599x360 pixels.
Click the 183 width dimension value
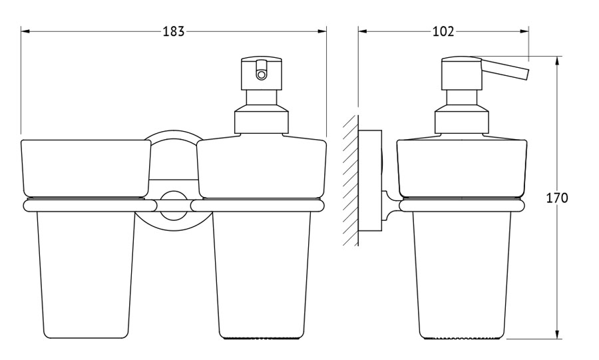click(174, 31)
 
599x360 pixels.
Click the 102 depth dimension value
click(443, 31)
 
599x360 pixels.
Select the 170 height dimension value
click(556, 198)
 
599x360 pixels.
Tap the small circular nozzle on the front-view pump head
click(262, 75)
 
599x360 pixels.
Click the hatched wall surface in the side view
click(350, 180)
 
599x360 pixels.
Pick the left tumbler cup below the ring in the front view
click(86, 275)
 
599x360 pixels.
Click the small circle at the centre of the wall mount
click(174, 206)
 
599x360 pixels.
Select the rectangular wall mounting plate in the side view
click(370, 180)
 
